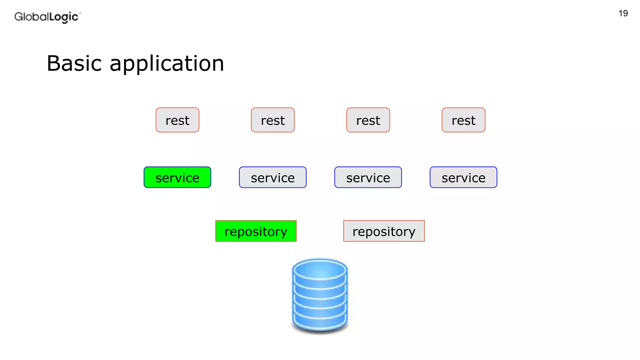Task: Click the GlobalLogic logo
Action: coord(47,17)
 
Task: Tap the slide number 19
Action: coord(623,13)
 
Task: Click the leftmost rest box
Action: coord(177,120)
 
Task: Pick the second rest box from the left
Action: coord(272,120)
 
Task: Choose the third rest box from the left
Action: coord(368,120)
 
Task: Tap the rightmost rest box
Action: coord(463,120)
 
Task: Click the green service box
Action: coord(177,177)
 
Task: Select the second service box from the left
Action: coord(272,177)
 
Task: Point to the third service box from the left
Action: coord(368,177)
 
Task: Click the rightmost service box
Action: coord(463,177)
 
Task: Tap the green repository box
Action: coord(256,231)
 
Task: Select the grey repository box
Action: coord(384,231)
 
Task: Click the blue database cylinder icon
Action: coord(320,297)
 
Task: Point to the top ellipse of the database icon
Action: coord(320,271)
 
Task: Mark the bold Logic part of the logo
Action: coord(64,17)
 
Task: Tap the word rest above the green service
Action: coord(177,121)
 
